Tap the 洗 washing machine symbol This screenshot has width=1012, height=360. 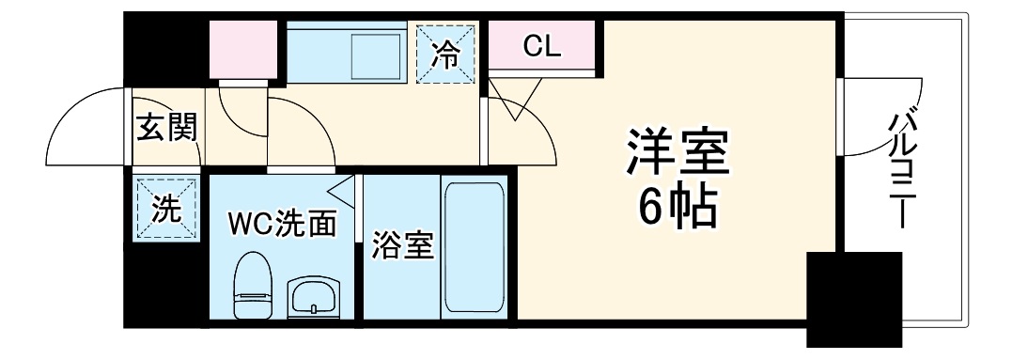(165, 209)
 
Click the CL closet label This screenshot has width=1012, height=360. (542, 47)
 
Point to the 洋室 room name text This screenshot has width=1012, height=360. (678, 153)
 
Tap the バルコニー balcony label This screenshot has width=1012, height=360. (905, 170)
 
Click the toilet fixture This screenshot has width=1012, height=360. (253, 287)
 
